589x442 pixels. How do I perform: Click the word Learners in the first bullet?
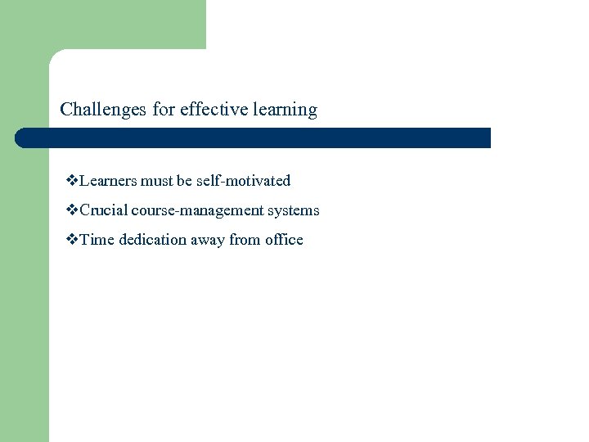click(x=109, y=181)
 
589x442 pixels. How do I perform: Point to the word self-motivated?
click(x=243, y=181)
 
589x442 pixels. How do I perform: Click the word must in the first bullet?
click(x=156, y=181)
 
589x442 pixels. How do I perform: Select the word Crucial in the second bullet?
click(x=104, y=210)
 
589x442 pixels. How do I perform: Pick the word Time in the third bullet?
click(x=97, y=240)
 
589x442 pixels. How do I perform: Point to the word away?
click(x=209, y=240)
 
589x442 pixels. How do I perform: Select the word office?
click(x=284, y=240)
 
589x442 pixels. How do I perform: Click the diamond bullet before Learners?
click(x=72, y=181)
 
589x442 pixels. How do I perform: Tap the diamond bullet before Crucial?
click(x=72, y=210)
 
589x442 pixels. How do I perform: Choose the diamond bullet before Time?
click(x=72, y=240)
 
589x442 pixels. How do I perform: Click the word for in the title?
click(x=164, y=110)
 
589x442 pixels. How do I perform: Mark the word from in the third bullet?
click(x=245, y=240)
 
